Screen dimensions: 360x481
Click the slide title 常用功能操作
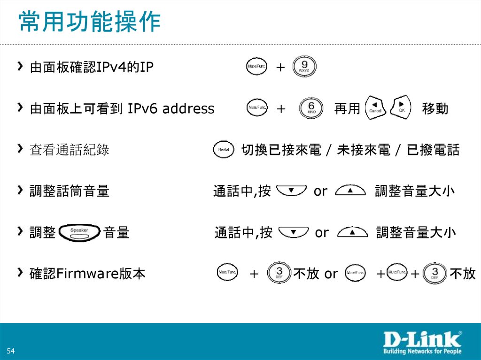(x=89, y=22)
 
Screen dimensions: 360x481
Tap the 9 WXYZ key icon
(x=304, y=67)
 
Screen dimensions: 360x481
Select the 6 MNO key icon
(x=310, y=108)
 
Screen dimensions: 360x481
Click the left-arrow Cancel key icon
(x=376, y=108)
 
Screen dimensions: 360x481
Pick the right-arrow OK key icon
(x=401, y=107)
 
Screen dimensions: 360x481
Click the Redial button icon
(x=223, y=150)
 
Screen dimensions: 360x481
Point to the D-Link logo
(x=421, y=339)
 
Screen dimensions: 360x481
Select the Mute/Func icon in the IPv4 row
(x=256, y=67)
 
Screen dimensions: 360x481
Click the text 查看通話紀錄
(x=70, y=150)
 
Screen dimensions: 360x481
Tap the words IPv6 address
(x=171, y=109)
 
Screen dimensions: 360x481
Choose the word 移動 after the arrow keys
(x=435, y=109)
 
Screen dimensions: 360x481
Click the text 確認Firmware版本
(x=87, y=274)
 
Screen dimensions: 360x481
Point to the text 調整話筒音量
(x=70, y=191)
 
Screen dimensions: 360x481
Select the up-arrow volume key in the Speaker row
(x=352, y=232)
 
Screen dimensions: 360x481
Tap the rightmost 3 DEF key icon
(x=434, y=273)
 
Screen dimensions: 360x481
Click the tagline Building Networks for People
(x=421, y=351)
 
